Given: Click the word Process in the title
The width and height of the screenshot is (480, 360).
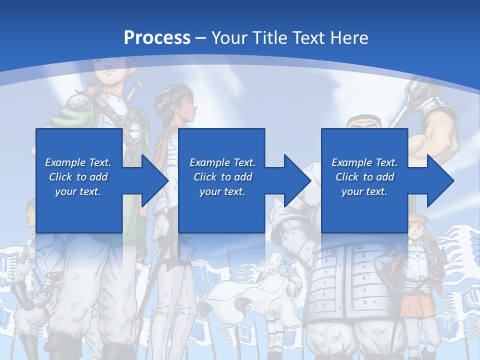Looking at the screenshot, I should tap(157, 37).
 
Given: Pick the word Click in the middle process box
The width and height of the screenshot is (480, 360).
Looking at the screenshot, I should tap(205, 177).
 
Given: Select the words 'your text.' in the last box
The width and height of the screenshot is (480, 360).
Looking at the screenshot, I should tap(364, 191).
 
